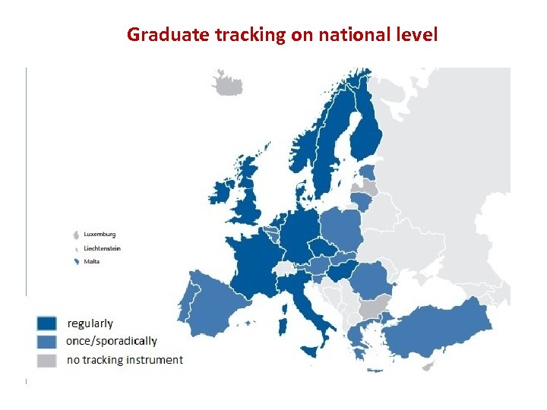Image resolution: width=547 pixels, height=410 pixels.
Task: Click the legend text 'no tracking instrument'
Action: [125, 360]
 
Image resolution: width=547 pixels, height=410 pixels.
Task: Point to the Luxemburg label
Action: [100, 234]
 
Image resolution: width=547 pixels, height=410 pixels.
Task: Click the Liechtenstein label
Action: [102, 248]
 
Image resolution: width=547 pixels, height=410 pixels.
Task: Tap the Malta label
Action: [91, 262]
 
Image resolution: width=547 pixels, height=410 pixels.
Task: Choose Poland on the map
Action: [339, 229]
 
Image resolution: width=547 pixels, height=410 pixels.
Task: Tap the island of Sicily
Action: [311, 352]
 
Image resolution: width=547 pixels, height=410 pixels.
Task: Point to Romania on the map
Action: [372, 280]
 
